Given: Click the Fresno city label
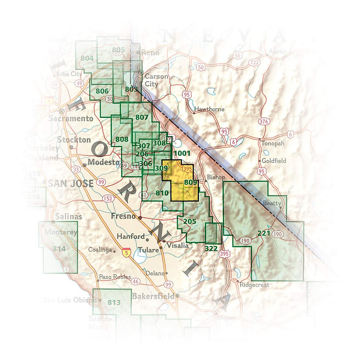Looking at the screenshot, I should tap(123, 216).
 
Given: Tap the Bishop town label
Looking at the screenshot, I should tap(216, 177).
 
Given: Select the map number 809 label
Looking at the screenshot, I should tap(190, 182).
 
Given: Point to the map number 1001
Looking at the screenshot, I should tap(182, 153).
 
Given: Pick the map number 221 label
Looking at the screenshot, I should tap(264, 233).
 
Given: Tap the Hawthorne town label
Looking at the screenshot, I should tap(209, 109).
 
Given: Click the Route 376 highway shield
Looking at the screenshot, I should tap(264, 121).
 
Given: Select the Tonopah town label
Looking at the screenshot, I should tap(273, 143).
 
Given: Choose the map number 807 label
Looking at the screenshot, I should tap(142, 117).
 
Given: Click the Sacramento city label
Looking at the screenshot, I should tap(71, 118).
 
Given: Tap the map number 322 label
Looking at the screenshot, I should tap(211, 248).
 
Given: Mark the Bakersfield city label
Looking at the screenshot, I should tap(153, 296).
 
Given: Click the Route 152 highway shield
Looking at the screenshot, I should tap(108, 198).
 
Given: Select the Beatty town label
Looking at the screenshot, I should tap(272, 203).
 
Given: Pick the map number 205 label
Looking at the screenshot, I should tap(190, 221).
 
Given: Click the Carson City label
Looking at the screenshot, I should tap(156, 80).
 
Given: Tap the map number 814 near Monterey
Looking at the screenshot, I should tap(59, 249).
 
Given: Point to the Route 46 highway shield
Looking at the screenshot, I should tap(136, 281).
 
